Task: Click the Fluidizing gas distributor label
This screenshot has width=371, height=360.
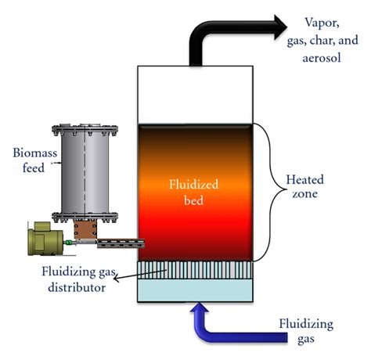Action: [x=75, y=279]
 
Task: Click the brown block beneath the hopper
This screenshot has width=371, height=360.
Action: [x=83, y=232]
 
